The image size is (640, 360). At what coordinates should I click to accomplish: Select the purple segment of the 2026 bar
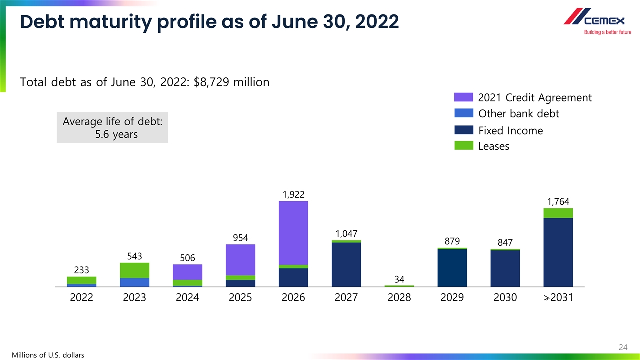293,233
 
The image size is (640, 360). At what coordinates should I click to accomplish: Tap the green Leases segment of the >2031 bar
558,213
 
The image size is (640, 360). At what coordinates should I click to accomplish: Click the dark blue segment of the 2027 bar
346,264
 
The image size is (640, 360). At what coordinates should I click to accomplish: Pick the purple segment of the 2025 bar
240,260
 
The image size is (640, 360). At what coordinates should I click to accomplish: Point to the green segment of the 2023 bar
134,270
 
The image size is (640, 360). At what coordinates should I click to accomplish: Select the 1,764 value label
558,202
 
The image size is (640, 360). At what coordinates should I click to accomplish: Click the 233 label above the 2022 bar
81,270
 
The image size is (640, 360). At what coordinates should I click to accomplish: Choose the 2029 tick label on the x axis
452,298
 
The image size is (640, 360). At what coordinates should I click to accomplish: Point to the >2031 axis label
558,298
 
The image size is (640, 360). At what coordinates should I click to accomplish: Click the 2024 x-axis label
187,298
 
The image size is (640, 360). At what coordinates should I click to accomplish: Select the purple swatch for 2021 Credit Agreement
463,97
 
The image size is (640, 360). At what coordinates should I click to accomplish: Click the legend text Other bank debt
518,114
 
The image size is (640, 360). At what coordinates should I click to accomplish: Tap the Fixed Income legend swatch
463,130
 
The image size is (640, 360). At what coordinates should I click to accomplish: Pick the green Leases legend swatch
463,146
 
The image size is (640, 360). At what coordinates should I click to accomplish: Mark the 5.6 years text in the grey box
116,135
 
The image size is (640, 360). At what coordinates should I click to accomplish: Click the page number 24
623,347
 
